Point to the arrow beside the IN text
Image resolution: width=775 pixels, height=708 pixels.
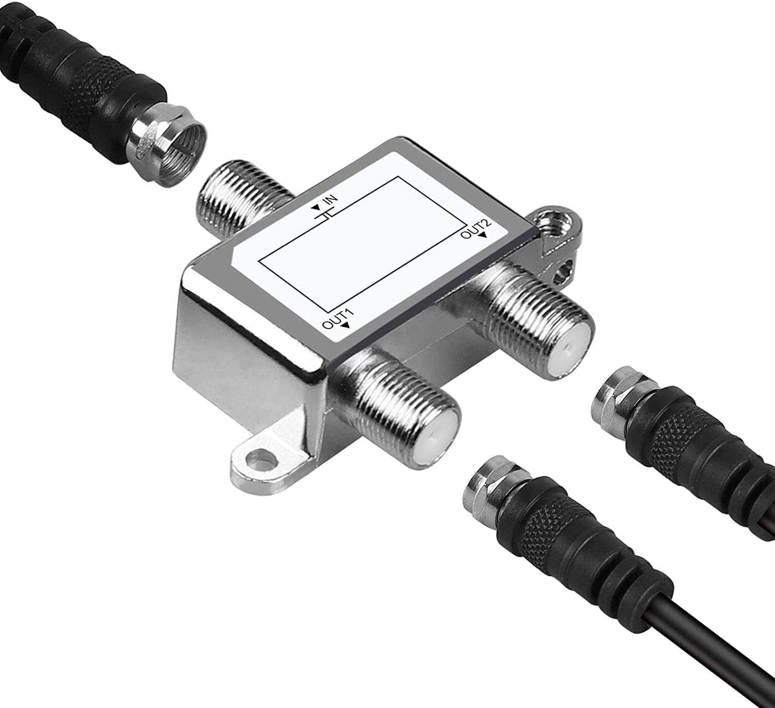(316, 208)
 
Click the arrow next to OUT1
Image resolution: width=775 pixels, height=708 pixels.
(345, 325)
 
